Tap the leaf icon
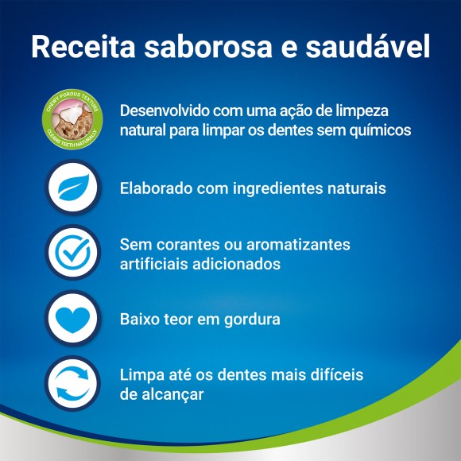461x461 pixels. (x=72, y=189)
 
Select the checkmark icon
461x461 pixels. (x=72, y=253)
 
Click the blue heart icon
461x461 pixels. (x=72, y=319)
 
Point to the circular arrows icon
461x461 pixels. (x=72, y=382)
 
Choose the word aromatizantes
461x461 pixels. (x=300, y=244)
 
